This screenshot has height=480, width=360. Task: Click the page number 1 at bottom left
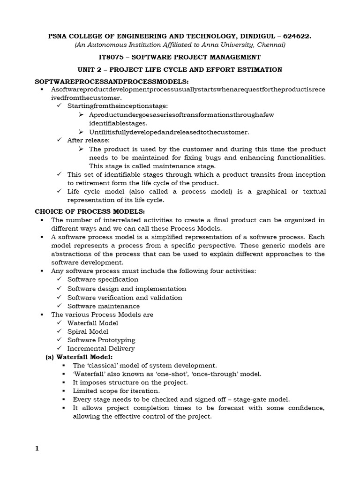37,449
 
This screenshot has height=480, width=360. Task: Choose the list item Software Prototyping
101,340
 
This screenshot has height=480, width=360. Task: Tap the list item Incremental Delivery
101,348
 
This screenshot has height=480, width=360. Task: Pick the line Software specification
103,279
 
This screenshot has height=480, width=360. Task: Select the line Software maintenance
104,306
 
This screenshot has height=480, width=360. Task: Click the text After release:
89,140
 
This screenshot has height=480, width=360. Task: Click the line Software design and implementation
127,289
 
